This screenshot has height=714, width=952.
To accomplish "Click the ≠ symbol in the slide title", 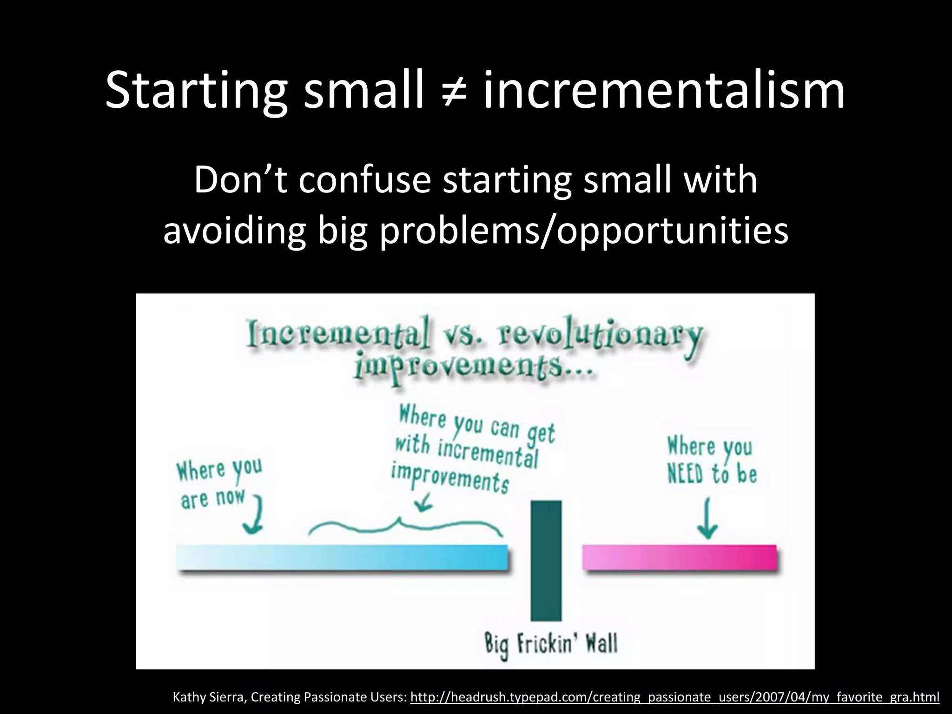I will click(x=454, y=91).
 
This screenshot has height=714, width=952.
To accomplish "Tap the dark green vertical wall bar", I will click(x=546, y=560).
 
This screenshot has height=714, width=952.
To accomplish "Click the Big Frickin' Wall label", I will click(x=551, y=644).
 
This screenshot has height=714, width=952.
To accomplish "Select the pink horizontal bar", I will click(x=680, y=557).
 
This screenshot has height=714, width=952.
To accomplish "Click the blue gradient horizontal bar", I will click(x=342, y=557).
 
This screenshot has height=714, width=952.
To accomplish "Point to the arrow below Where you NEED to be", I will click(x=708, y=518).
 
